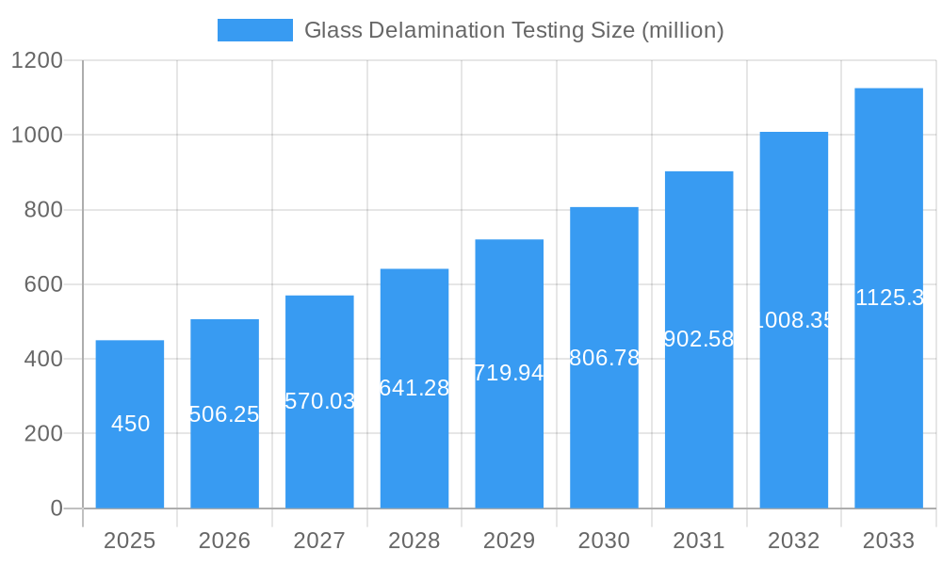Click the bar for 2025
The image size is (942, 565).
(130, 424)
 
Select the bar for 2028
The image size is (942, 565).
(414, 388)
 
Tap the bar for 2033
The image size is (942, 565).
(888, 298)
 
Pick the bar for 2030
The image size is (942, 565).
(604, 358)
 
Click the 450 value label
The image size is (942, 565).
(130, 424)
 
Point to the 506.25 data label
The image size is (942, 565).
(224, 414)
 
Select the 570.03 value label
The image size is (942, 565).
(319, 401)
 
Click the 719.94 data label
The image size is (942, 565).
(509, 373)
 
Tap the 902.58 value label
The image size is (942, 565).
(699, 339)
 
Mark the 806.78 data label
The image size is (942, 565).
(604, 358)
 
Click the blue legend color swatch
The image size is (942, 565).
(254, 30)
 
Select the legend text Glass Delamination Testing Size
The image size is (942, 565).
(513, 30)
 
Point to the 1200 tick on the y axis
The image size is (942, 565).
(37, 60)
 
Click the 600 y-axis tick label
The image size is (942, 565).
(43, 284)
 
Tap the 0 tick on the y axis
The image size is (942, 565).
(56, 508)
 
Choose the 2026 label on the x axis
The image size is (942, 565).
(224, 541)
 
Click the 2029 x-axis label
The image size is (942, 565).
(509, 541)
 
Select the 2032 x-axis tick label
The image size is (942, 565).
(793, 541)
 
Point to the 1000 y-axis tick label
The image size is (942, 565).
(37, 135)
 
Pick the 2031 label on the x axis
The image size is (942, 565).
(699, 541)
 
